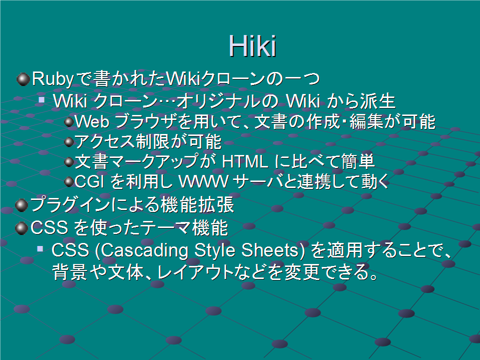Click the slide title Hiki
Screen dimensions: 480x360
[x=252, y=46]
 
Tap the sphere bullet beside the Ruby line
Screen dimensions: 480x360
[x=23, y=79]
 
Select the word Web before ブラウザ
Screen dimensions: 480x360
[x=92, y=121]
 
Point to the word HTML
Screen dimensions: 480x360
[x=245, y=161]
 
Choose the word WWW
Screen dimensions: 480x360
[x=203, y=181]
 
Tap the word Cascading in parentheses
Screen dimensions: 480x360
[x=144, y=250]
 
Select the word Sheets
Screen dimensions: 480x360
[x=269, y=250]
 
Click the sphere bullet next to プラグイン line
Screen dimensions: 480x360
[x=21, y=205]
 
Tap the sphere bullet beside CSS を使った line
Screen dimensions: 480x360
[x=21, y=228]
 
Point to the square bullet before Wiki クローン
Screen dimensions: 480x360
[x=41, y=99]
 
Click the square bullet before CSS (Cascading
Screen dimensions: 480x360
[x=40, y=248]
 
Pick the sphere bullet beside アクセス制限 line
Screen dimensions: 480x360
[x=69, y=141]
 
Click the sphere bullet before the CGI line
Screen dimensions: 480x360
[x=69, y=182]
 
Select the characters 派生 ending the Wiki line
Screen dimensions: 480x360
[x=377, y=101]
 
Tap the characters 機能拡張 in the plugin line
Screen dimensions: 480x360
[x=197, y=205]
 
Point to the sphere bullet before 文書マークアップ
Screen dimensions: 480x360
[x=69, y=162]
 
